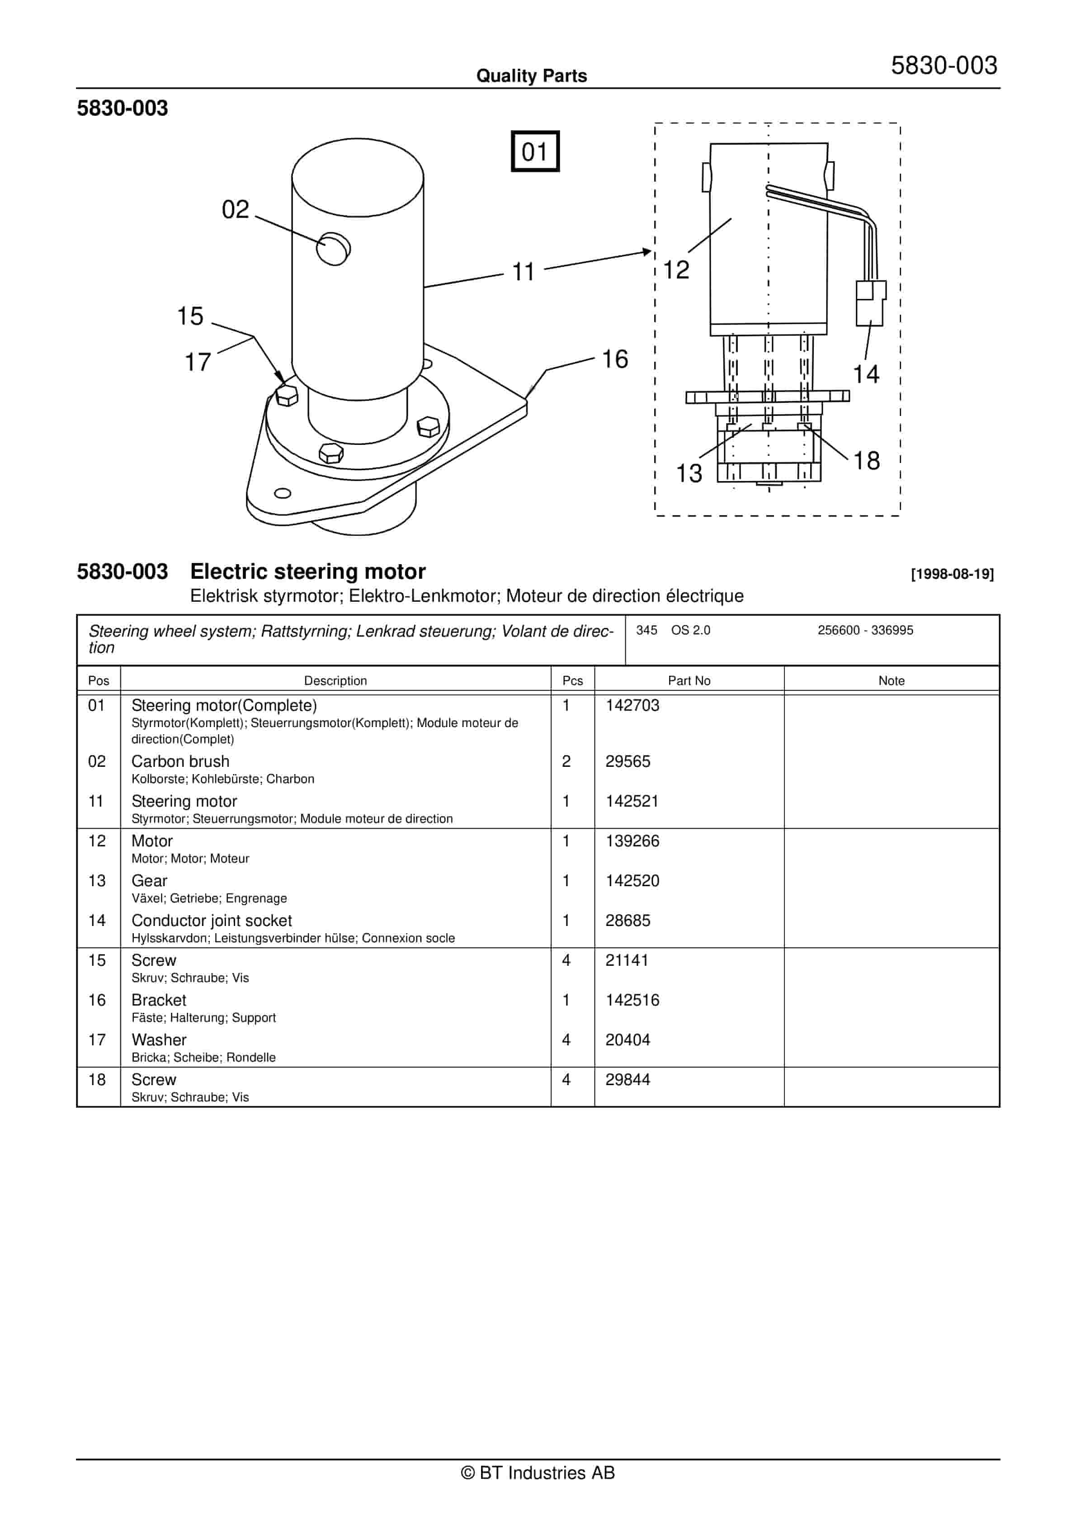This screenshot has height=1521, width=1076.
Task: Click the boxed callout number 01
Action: (x=535, y=152)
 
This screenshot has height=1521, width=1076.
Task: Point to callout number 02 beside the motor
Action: (x=235, y=209)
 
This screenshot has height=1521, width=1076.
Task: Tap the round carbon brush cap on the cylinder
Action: (x=333, y=249)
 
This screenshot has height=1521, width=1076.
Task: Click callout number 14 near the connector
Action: (x=865, y=374)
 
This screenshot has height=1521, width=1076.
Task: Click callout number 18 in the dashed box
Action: (x=866, y=461)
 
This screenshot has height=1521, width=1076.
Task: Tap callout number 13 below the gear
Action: (x=689, y=474)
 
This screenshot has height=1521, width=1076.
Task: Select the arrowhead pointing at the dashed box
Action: (x=647, y=252)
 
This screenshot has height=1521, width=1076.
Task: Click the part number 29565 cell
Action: (x=628, y=762)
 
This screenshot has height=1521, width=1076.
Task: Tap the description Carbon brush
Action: (x=180, y=762)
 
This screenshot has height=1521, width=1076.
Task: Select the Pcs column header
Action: (x=572, y=680)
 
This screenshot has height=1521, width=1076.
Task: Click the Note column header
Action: (x=891, y=680)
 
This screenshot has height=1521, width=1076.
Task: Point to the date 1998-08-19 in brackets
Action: (x=952, y=574)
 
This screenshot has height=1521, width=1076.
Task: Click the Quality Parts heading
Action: (x=531, y=76)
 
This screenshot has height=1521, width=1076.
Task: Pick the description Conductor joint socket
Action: (x=212, y=921)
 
